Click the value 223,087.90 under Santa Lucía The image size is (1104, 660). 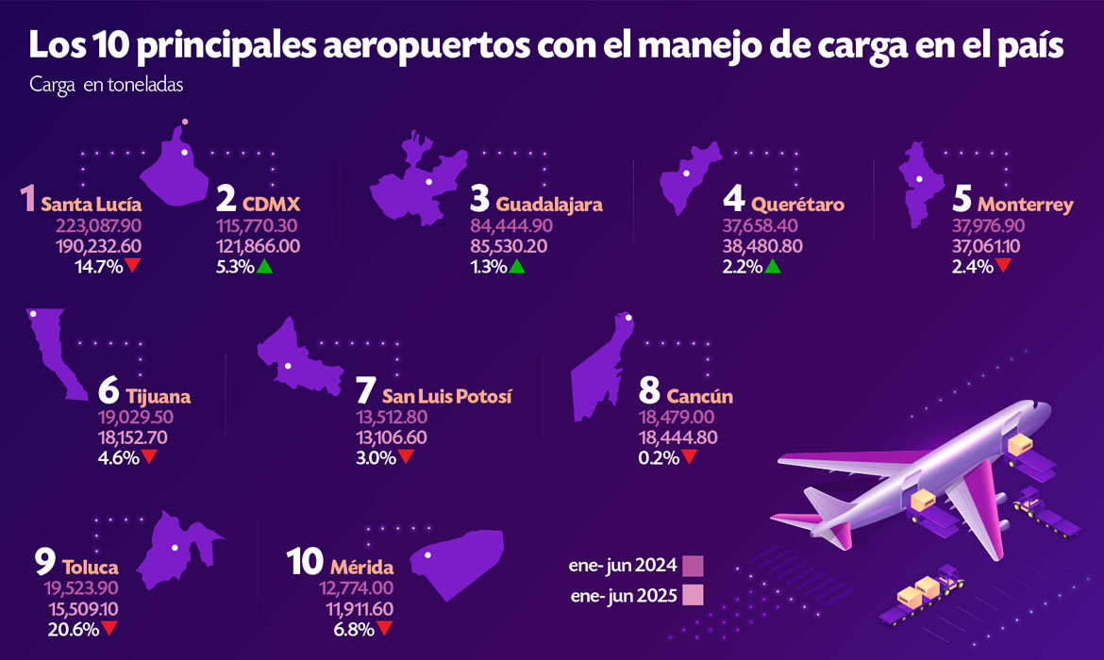92,226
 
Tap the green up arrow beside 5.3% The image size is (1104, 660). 265,267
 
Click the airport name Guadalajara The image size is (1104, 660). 549,204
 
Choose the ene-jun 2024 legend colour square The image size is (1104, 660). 694,566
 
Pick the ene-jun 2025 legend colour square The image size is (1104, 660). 694,596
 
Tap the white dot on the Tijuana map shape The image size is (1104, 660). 33,314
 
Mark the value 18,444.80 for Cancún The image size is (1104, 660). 677,437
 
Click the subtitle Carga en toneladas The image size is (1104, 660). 106,84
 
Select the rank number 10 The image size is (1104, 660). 306,563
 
